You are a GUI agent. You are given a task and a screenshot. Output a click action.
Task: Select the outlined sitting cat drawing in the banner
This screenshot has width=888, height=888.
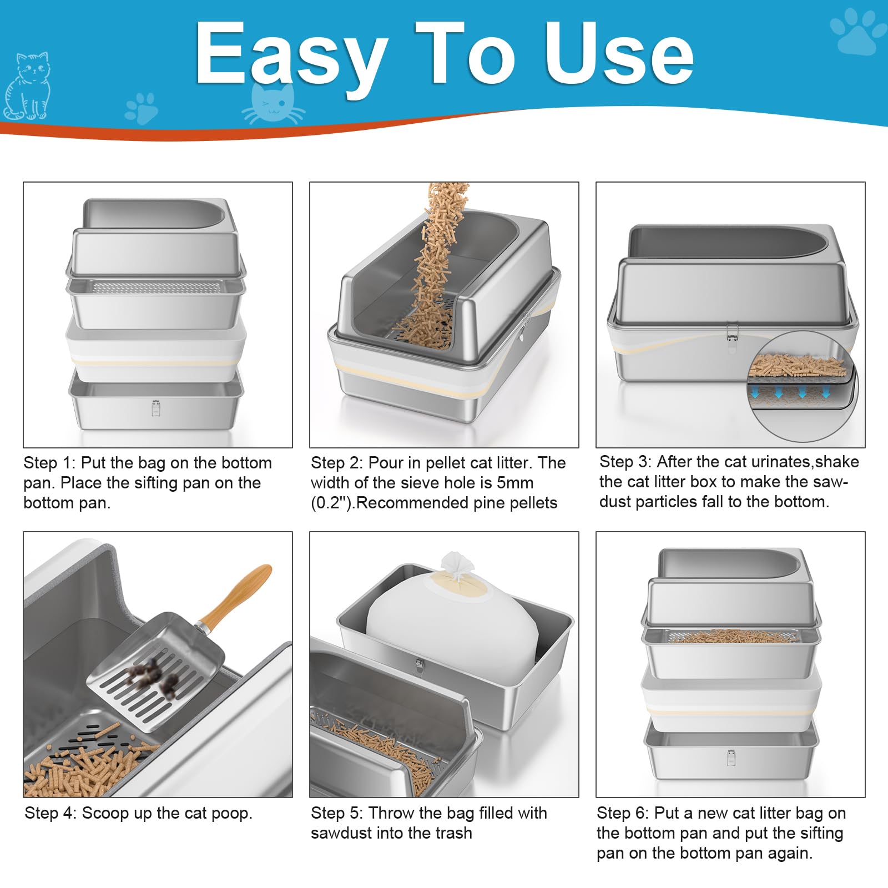click(x=27, y=86)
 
